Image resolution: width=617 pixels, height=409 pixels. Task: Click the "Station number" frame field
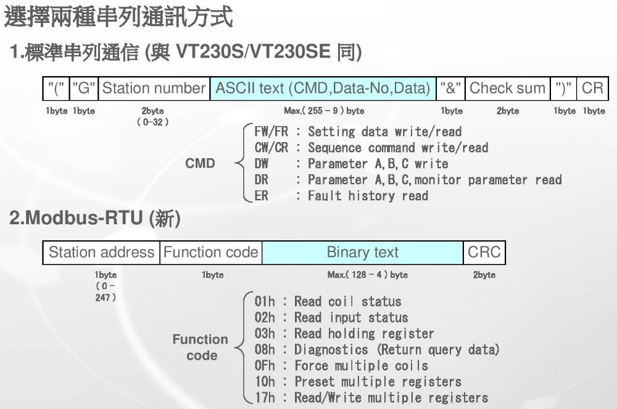(154, 88)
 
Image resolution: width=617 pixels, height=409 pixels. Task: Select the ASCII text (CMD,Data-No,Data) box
(323, 88)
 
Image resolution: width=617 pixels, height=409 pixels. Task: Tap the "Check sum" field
(507, 88)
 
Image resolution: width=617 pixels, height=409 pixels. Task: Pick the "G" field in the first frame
(83, 88)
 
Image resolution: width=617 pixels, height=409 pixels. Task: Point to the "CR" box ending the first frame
(592, 88)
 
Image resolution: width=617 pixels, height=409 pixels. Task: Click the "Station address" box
(101, 252)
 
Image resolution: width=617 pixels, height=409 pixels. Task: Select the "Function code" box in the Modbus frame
(210, 252)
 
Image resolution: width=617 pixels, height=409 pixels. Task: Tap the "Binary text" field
(362, 252)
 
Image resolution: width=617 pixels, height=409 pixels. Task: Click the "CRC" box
(484, 252)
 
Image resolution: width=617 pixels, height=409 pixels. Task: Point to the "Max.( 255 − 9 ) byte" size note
(323, 111)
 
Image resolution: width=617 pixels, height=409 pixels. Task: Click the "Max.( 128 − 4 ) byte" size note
(367, 275)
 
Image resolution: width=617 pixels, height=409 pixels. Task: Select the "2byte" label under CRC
(484, 275)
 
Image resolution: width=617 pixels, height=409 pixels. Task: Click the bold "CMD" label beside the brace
(201, 164)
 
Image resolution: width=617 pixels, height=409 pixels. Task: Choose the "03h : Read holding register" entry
(344, 334)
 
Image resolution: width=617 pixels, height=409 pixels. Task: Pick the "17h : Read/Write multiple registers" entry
(371, 398)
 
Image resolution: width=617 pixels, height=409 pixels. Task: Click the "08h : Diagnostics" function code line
(376, 350)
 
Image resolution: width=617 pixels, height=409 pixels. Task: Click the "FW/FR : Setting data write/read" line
(358, 132)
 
